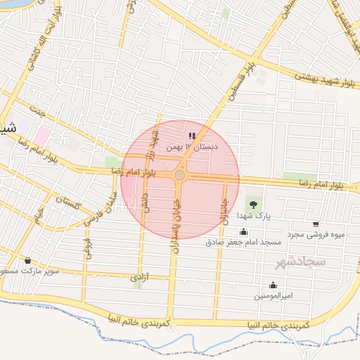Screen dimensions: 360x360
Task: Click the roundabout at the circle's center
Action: coord(180,174)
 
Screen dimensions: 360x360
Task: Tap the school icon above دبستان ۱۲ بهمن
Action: coord(192,136)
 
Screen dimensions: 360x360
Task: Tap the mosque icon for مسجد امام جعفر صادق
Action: coord(244,232)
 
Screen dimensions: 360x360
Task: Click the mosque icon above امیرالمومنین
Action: coord(273,285)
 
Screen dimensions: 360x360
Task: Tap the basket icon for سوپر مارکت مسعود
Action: coord(27,260)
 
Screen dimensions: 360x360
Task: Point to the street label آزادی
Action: coord(137,278)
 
